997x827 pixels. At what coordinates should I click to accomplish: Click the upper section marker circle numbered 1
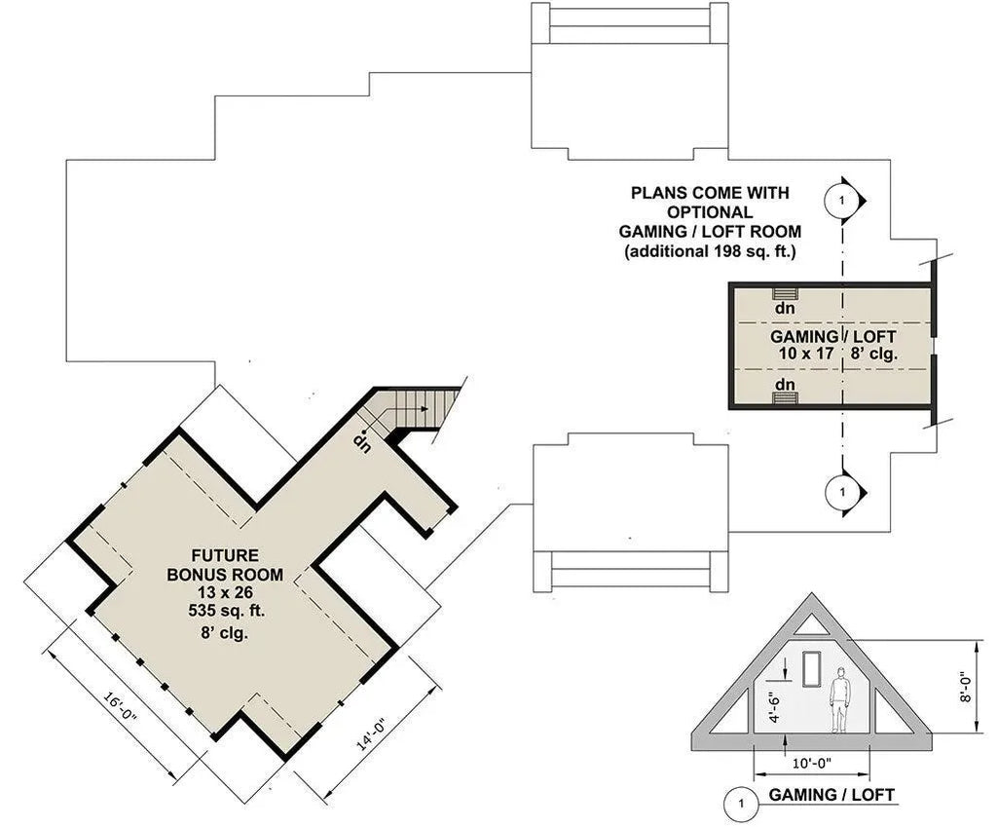tap(840, 200)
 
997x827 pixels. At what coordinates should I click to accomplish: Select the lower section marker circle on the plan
tap(840, 492)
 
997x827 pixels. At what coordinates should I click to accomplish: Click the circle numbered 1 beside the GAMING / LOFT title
tap(742, 805)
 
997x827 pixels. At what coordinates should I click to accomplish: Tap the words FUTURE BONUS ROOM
tap(225, 565)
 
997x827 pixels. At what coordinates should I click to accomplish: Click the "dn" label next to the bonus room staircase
tap(362, 442)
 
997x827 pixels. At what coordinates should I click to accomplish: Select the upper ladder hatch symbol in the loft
tap(785, 293)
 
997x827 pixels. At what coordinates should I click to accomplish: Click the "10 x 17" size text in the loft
tap(805, 354)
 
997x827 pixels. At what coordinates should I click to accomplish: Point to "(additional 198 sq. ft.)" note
tap(711, 251)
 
